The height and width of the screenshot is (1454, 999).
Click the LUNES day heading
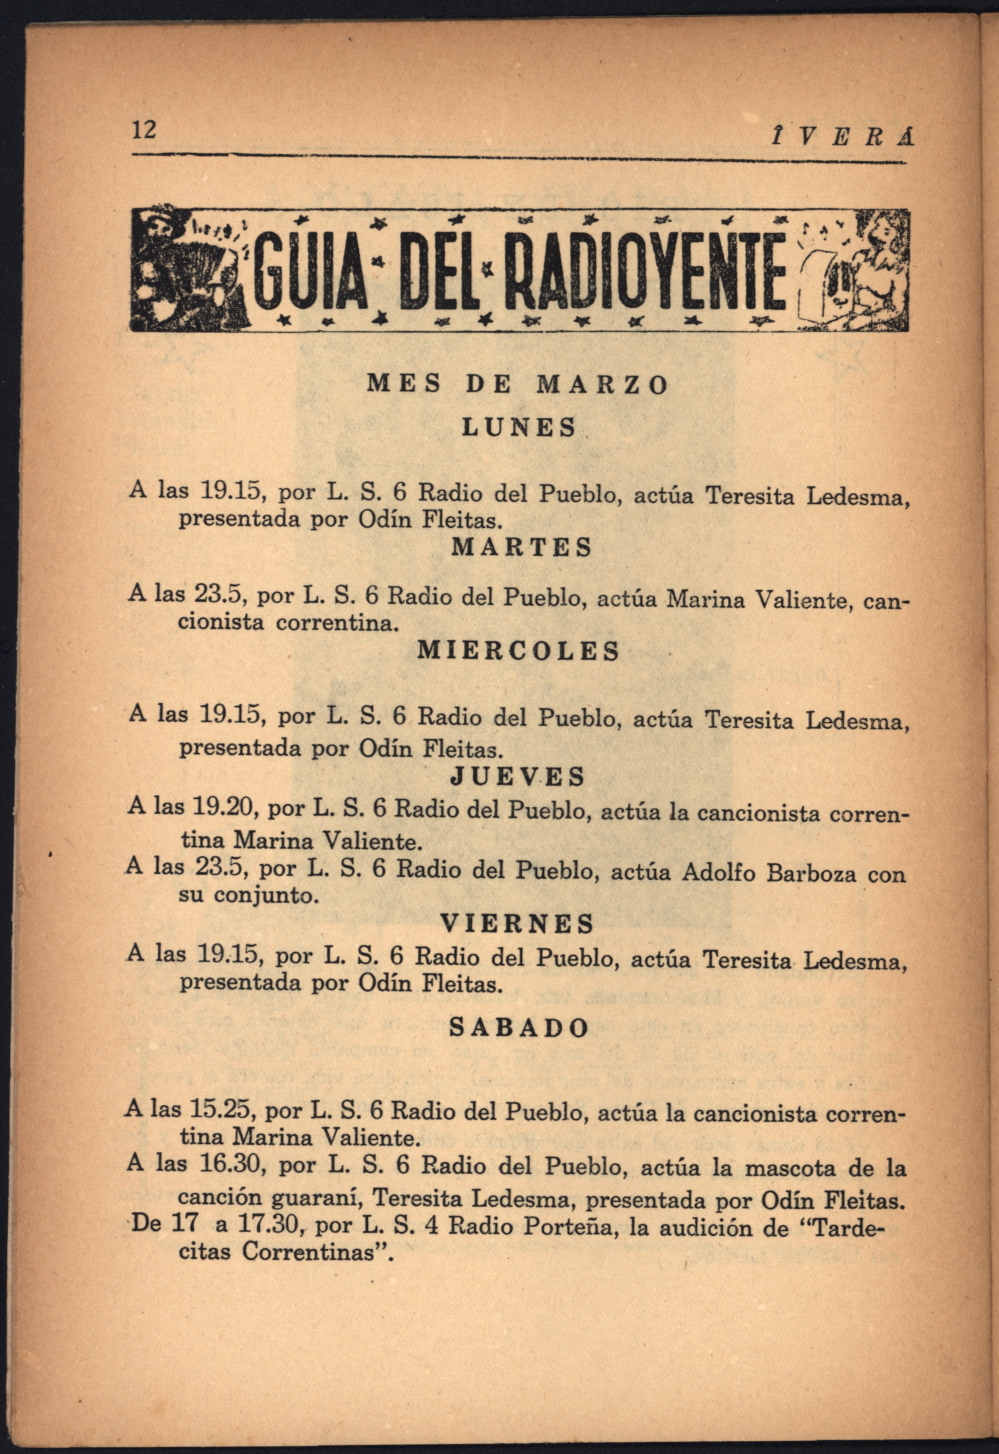coord(518,427)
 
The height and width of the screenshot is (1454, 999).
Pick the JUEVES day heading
coord(518,777)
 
